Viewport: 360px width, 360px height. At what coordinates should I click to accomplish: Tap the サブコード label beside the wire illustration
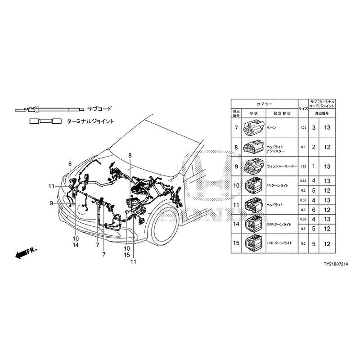[x=99, y=109]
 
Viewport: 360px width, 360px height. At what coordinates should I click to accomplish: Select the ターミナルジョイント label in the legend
[x=90, y=121]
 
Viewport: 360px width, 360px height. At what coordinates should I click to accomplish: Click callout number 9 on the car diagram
[x=51, y=203]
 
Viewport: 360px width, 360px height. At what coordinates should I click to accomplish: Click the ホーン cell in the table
[x=272, y=128]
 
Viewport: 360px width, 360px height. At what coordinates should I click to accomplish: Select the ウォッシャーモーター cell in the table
[x=282, y=166]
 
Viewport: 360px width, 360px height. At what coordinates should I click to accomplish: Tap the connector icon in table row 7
[x=250, y=128]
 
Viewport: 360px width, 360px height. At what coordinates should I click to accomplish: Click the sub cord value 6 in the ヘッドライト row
[x=313, y=210]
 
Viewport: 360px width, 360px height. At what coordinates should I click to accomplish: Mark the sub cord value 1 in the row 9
[x=313, y=166]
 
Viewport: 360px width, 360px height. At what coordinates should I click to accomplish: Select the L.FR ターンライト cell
[x=280, y=243]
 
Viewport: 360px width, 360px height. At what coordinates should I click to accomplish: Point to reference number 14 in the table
[x=236, y=224]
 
